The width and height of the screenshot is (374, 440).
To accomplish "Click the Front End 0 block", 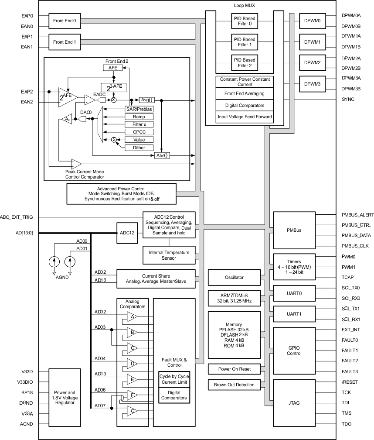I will click(x=65, y=21).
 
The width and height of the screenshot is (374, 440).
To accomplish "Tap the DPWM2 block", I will click(x=312, y=63).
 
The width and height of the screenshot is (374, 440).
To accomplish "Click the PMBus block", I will click(x=290, y=230).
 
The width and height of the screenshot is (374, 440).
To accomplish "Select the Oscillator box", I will click(x=235, y=277).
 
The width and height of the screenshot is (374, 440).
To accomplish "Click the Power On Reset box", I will click(x=235, y=369).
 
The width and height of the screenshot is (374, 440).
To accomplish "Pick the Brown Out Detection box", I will click(x=235, y=385).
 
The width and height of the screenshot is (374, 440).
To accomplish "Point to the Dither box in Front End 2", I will click(x=136, y=148).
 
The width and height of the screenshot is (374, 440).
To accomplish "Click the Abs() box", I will click(x=162, y=155).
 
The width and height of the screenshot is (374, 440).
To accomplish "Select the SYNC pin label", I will click(x=348, y=100).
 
